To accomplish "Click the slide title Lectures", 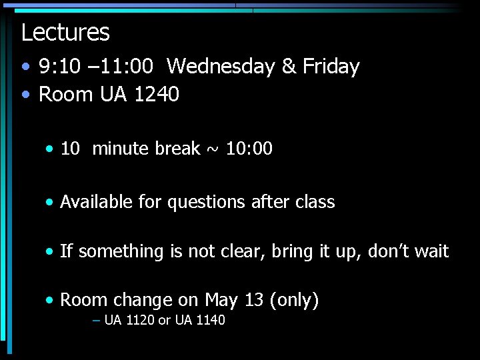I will tap(65, 32).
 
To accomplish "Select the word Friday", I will tap(331, 67).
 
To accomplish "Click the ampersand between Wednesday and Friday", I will tap(289, 67).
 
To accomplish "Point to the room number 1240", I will tap(157, 95).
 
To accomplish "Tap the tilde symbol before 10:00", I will tap(213, 149).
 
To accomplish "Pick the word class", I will tap(314, 202).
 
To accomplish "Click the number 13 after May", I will tap(254, 301).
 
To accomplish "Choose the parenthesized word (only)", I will tap(295, 301).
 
